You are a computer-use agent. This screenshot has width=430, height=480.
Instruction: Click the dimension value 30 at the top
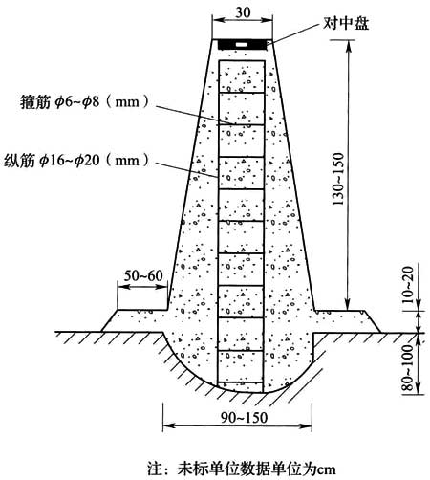[243, 11]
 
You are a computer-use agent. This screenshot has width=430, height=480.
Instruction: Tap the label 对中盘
[346, 24]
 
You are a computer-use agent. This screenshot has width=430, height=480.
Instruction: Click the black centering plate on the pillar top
[242, 45]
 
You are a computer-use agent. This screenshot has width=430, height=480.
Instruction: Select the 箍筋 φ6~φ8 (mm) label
[84, 102]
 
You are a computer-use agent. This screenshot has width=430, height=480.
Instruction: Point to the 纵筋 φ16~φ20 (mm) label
[76, 160]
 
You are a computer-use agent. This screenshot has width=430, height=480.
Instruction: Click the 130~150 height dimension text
[338, 179]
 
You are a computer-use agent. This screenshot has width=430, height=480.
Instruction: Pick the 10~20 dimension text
[408, 285]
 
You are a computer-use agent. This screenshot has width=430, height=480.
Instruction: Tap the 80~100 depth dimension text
[408, 367]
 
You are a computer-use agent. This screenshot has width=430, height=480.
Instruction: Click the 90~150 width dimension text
[245, 418]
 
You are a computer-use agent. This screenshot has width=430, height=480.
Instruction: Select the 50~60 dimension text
[143, 275]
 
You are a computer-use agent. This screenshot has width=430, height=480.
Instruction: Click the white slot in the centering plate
[242, 45]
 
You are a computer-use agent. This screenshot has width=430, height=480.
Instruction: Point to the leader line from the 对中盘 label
[295, 33]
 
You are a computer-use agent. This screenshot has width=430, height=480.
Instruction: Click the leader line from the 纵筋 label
[186, 169]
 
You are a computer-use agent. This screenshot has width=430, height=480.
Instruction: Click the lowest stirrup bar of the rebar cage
[240, 382]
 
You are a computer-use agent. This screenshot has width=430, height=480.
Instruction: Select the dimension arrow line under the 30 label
[243, 20]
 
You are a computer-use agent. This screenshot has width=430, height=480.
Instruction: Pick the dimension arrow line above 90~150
[237, 425]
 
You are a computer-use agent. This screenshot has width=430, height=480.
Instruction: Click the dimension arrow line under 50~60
[142, 287]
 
